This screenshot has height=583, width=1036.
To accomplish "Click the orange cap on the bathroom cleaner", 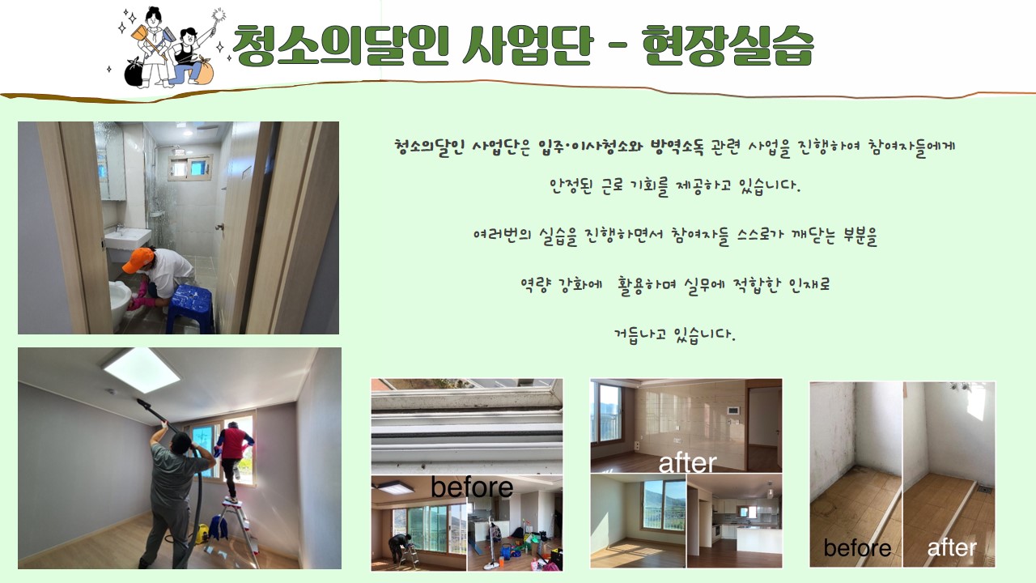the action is click(138, 259).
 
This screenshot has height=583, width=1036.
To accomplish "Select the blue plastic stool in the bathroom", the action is click(189, 309).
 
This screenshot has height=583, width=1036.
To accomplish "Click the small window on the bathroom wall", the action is click(190, 167).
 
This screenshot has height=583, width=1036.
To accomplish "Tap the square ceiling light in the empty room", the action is click(142, 370).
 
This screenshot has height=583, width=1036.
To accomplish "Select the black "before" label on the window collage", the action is click(472, 487).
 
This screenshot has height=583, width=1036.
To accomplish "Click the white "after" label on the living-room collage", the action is click(687, 463).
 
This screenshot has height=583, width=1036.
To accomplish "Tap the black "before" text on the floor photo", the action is click(857, 548).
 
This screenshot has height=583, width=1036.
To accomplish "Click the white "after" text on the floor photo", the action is click(952, 548).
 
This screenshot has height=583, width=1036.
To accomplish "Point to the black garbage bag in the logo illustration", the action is click(134, 73).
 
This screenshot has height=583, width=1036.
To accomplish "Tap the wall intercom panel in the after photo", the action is click(732, 411).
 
